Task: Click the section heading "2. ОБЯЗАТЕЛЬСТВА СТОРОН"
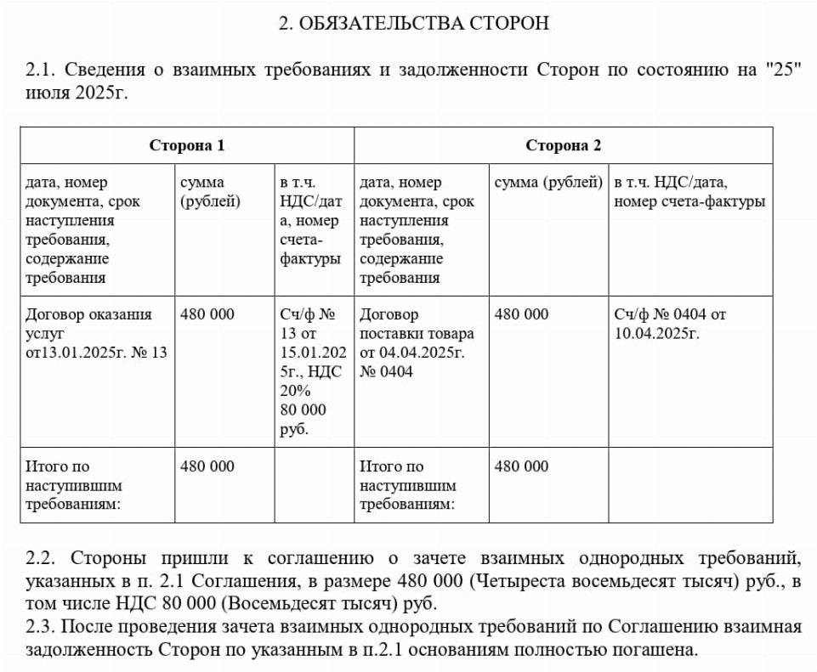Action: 414,23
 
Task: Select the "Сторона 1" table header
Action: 187,145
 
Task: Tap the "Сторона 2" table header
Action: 563,145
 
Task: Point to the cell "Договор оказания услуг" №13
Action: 96,333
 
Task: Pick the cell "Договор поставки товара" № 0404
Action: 417,342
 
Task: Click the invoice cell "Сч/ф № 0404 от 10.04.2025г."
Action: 670,324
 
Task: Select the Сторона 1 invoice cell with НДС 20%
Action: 311,371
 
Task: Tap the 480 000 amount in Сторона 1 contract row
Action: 207,314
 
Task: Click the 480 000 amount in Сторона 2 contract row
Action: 522,314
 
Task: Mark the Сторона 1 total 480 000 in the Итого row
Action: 207,466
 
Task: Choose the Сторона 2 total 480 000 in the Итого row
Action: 522,466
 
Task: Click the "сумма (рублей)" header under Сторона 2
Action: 548,183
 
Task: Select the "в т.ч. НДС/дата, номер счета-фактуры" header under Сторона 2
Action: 689,192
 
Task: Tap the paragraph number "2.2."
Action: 41,559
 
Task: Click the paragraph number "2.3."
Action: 41,628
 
